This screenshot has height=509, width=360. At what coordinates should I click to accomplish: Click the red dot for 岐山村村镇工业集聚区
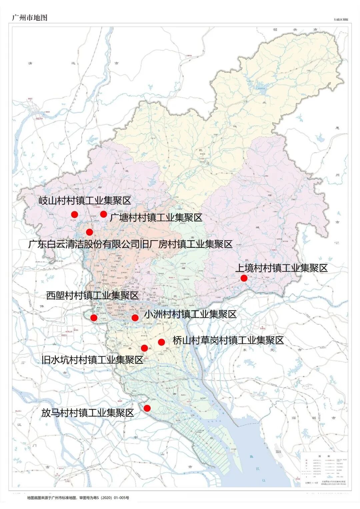click(x=74, y=215)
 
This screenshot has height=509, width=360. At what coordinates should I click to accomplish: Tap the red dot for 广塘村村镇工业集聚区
click(x=103, y=214)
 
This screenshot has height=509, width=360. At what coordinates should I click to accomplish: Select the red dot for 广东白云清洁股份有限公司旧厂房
click(x=89, y=232)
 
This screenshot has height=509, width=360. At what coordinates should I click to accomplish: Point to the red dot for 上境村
click(x=244, y=278)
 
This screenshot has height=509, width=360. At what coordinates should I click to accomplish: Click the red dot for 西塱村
click(x=94, y=318)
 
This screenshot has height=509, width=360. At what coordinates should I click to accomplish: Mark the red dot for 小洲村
click(x=135, y=318)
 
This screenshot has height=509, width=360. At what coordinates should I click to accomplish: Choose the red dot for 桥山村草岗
click(x=161, y=342)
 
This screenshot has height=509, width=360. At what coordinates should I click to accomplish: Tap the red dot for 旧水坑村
click(x=144, y=348)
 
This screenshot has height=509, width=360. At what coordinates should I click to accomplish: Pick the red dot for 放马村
click(x=147, y=408)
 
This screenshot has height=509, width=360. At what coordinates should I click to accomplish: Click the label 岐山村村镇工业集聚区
click(x=85, y=201)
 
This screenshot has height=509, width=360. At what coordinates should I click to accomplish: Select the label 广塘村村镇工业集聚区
click(x=156, y=218)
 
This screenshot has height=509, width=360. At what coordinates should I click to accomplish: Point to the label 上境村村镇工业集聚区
click(x=282, y=268)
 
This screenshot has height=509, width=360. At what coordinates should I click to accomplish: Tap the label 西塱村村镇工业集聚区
click(x=92, y=295)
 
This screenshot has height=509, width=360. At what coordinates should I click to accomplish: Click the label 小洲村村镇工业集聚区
click(x=190, y=314)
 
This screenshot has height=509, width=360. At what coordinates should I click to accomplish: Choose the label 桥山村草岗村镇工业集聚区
click(x=228, y=340)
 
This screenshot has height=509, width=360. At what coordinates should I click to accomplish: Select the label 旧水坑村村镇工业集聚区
click(x=92, y=360)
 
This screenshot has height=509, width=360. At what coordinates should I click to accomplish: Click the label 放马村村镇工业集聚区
click(x=88, y=413)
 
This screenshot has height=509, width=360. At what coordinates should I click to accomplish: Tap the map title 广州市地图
click(x=30, y=18)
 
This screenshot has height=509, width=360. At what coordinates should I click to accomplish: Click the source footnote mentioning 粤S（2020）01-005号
click(x=78, y=498)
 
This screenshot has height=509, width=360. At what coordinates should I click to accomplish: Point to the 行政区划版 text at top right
click(x=341, y=20)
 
